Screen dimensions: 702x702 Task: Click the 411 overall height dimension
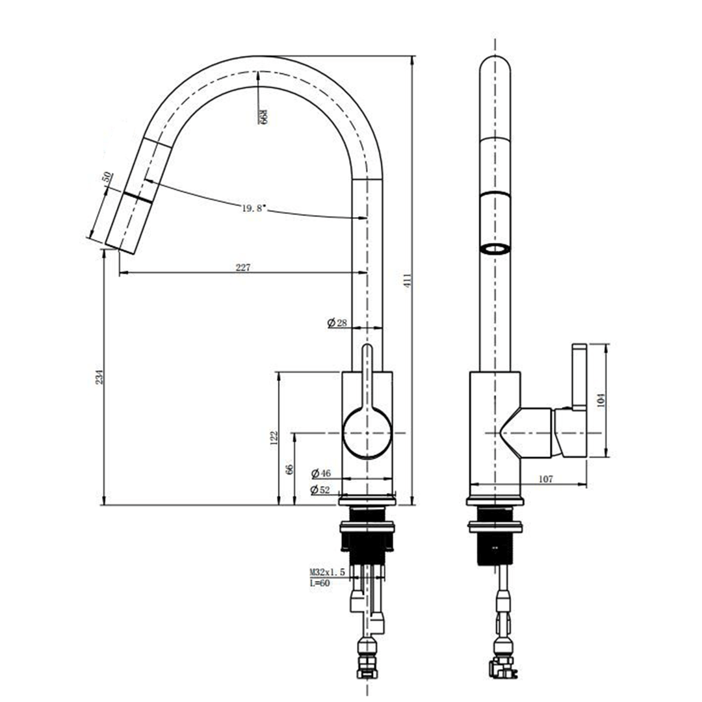click(x=408, y=280)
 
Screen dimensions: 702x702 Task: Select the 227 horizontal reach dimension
click(x=242, y=267)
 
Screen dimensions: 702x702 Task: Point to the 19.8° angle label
click(x=254, y=208)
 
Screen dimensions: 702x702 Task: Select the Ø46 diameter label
click(x=322, y=473)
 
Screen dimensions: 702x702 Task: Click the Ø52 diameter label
click(x=322, y=489)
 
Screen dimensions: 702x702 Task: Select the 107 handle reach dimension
click(x=545, y=479)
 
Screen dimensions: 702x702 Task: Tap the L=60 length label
click(x=319, y=583)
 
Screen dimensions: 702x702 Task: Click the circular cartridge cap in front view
click(x=367, y=433)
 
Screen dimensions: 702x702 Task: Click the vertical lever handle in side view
click(x=578, y=377)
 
